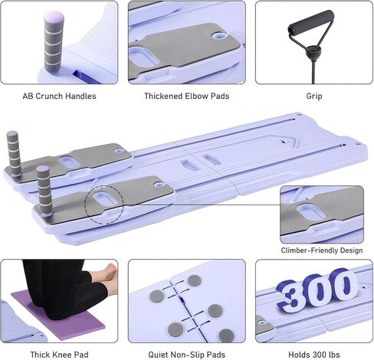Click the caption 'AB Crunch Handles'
[x=59, y=97]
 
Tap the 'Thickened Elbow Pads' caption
[x=186, y=97]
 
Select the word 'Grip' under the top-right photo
[x=313, y=97]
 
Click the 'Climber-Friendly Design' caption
[x=321, y=250]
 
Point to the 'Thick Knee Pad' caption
[x=58, y=353]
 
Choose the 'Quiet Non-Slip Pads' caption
[x=186, y=353]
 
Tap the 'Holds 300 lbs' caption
[x=313, y=353]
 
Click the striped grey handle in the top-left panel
[x=53, y=42]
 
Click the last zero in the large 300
[x=343, y=287]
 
